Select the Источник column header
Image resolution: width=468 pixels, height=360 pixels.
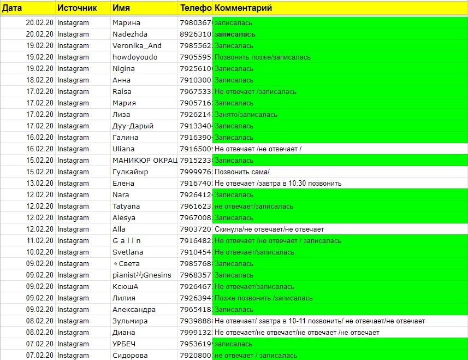point(77,8)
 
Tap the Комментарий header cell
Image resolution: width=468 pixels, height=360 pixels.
point(243,8)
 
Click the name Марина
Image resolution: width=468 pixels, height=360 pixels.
point(126,23)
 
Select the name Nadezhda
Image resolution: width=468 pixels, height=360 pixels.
point(130,34)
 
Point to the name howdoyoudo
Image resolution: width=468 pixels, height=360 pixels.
point(135,57)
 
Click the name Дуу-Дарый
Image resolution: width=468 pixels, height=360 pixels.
point(133,126)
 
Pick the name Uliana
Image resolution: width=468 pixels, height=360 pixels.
point(123,149)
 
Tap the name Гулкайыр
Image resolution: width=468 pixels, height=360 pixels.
point(131,172)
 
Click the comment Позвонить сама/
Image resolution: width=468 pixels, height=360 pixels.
point(242,172)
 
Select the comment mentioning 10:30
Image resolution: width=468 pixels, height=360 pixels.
point(278,184)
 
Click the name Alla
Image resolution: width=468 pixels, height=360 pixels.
point(119,229)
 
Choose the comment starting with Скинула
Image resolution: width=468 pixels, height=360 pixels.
point(269,229)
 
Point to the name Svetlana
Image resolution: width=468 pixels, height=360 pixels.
point(128,252)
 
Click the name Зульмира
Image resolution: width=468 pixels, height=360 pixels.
point(130,321)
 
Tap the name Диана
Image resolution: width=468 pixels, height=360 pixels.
point(125,333)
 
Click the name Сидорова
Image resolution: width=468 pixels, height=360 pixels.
point(129,356)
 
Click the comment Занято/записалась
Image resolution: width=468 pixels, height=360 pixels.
point(246,115)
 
